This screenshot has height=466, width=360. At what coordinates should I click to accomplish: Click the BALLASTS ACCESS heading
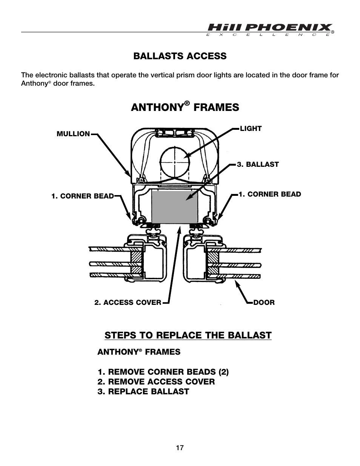[180, 56]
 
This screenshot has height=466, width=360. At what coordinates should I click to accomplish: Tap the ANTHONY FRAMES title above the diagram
[185, 107]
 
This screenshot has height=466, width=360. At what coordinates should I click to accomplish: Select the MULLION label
[73, 134]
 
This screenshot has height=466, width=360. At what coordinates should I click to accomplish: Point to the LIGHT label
[251, 128]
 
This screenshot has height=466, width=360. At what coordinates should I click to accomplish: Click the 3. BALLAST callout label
[258, 164]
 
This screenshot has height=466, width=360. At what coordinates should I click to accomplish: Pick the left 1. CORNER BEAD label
[82, 196]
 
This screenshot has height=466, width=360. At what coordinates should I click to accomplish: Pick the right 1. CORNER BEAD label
[269, 194]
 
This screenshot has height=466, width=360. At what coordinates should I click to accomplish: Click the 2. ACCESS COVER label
[128, 302]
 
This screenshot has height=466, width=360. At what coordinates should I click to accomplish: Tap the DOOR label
[264, 302]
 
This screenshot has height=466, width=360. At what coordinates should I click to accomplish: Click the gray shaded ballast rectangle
[174, 207]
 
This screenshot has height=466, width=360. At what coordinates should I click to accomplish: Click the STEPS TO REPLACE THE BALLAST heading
[188, 335]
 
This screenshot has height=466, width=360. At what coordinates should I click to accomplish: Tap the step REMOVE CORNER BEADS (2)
[163, 372]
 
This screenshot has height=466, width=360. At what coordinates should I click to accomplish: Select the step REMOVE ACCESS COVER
[156, 381]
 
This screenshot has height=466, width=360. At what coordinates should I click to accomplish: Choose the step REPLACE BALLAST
[143, 391]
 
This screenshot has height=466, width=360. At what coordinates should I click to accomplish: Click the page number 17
[180, 448]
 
